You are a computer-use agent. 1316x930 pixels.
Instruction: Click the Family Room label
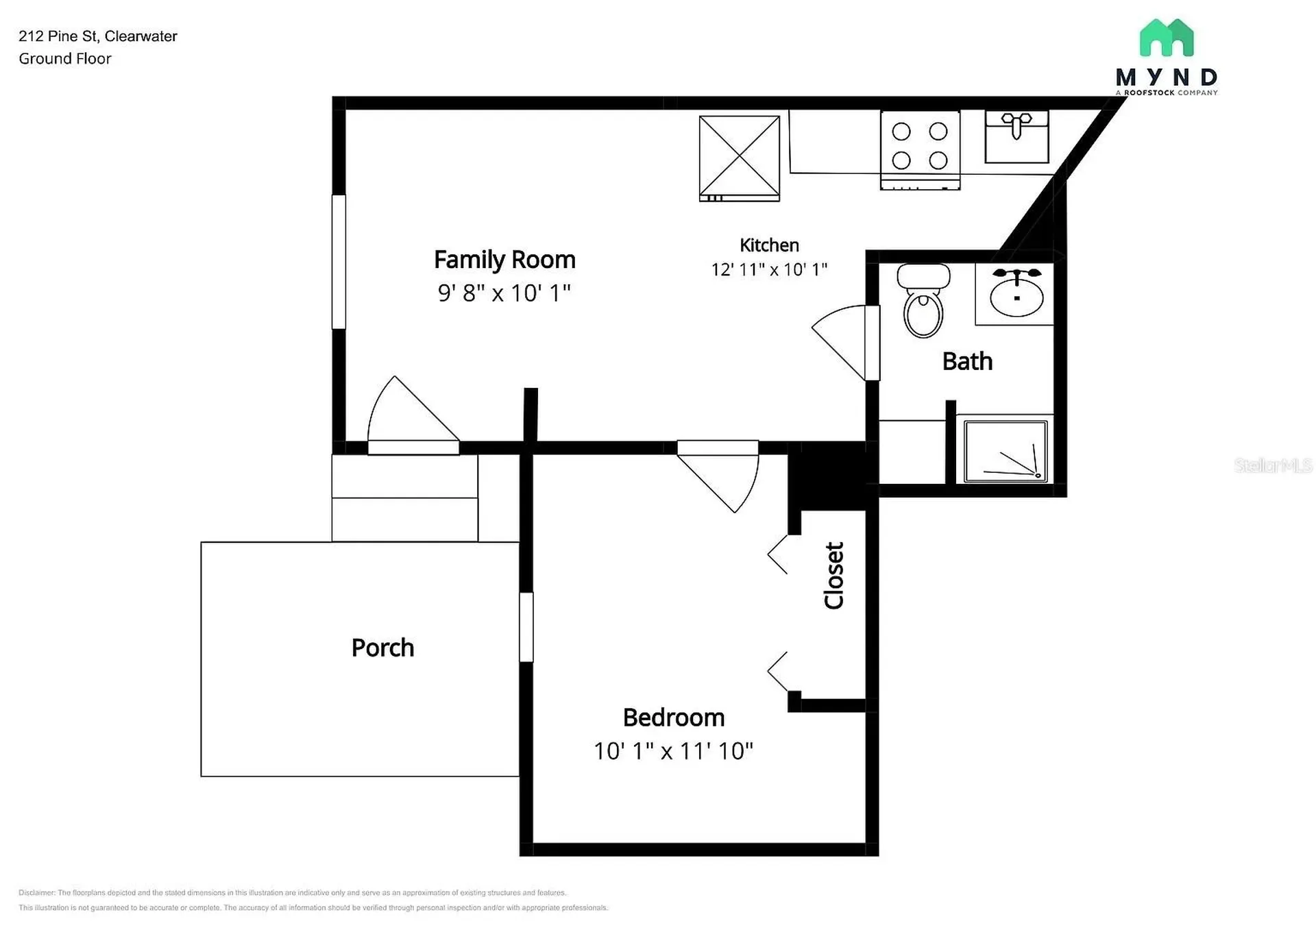tap(504, 260)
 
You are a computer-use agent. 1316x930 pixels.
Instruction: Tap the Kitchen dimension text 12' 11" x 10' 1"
tap(769, 269)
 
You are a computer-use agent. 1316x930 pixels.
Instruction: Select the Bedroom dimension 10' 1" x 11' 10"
tap(673, 751)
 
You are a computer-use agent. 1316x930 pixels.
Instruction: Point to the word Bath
tap(967, 361)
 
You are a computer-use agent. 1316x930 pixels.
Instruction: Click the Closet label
tap(834, 576)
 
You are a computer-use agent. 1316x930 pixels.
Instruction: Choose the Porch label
tap(382, 648)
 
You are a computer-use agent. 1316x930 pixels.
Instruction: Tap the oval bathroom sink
tap(1016, 293)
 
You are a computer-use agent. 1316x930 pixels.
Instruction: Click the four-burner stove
tap(920, 150)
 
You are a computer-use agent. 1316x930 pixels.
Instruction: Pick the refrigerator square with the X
tap(740, 158)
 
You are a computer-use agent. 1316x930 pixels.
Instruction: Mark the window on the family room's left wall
tap(339, 262)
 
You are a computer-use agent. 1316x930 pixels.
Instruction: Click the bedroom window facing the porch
tap(526, 627)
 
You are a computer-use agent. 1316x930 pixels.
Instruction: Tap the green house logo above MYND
tap(1167, 38)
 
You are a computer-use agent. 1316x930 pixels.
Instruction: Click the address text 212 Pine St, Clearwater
tap(98, 36)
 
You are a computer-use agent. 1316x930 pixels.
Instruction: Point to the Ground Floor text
tap(65, 59)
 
